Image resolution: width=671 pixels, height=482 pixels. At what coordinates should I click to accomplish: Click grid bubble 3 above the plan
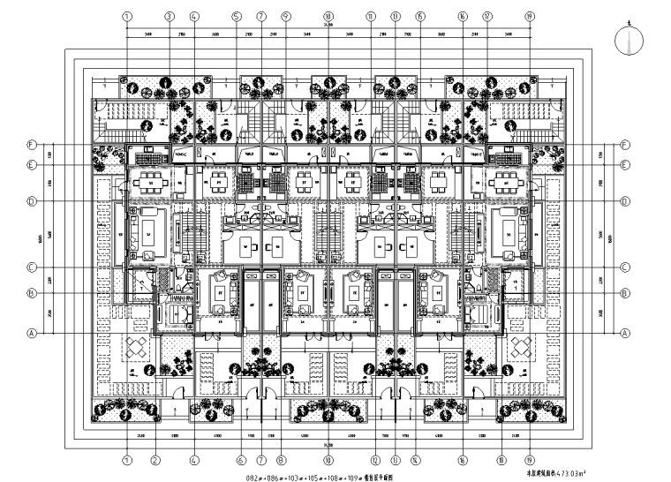[x=169, y=16]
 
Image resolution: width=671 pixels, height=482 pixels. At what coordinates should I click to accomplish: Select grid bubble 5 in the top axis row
[x=237, y=16]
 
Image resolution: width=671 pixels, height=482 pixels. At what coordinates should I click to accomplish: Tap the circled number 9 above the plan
[x=285, y=16]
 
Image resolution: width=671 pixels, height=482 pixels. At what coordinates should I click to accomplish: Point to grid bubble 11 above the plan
[x=371, y=16]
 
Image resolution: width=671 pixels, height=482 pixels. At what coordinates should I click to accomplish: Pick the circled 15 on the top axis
[x=419, y=16]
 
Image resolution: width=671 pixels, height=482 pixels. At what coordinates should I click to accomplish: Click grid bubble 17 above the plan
[x=486, y=16]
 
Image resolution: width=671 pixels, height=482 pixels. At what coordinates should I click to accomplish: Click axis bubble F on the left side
[x=31, y=145]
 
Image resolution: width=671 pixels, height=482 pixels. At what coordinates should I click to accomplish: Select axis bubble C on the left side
[x=31, y=267]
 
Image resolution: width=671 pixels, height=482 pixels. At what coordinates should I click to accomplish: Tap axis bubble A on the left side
[x=31, y=334]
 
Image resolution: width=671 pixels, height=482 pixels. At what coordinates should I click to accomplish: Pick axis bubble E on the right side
[x=625, y=165]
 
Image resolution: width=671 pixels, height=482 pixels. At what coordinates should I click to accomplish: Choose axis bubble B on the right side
[x=625, y=293]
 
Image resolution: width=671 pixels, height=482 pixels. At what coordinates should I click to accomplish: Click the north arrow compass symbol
[x=628, y=41]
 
